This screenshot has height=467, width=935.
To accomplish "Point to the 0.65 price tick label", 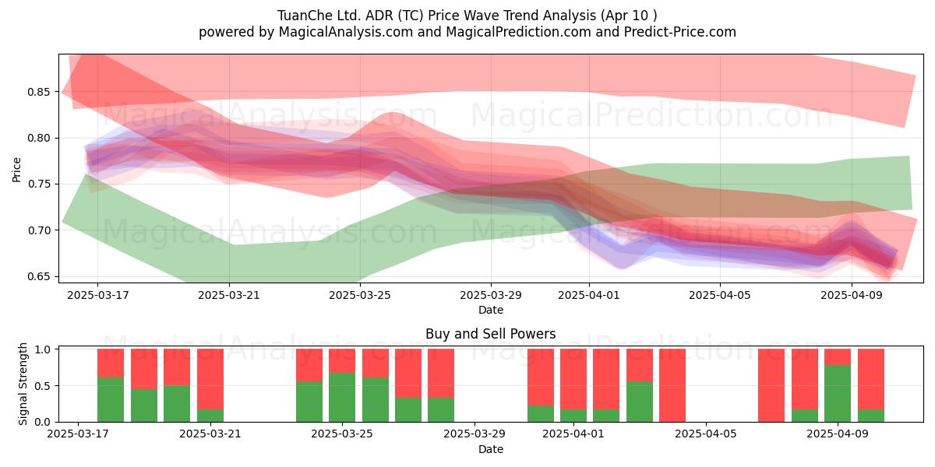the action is click(38, 276).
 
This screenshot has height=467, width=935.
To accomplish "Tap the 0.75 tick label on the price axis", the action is click(38, 184).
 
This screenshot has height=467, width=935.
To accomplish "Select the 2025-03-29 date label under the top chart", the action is click(490, 295).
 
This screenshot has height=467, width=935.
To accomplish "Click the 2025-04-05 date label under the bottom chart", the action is click(706, 434).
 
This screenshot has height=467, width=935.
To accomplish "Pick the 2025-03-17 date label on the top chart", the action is click(97, 295).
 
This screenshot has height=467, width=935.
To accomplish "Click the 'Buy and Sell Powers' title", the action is click(490, 334).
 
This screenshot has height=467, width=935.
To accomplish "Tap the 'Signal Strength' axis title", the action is click(23, 384).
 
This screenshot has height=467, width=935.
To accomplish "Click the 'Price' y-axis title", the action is click(16, 170).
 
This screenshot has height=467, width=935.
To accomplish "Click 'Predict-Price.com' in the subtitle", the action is click(680, 32).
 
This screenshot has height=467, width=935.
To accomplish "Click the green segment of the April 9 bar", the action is click(838, 393).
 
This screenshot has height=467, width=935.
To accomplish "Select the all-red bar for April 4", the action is click(672, 385).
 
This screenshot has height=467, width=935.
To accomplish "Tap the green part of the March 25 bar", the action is click(342, 397).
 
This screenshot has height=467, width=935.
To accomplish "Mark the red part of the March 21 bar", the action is click(210, 379).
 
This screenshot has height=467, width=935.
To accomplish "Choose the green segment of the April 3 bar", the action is click(640, 402).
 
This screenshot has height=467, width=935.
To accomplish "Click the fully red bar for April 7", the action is click(771, 385).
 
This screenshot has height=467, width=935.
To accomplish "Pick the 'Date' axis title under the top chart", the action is click(490, 310).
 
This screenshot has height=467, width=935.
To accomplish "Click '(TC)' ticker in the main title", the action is click(411, 16).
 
